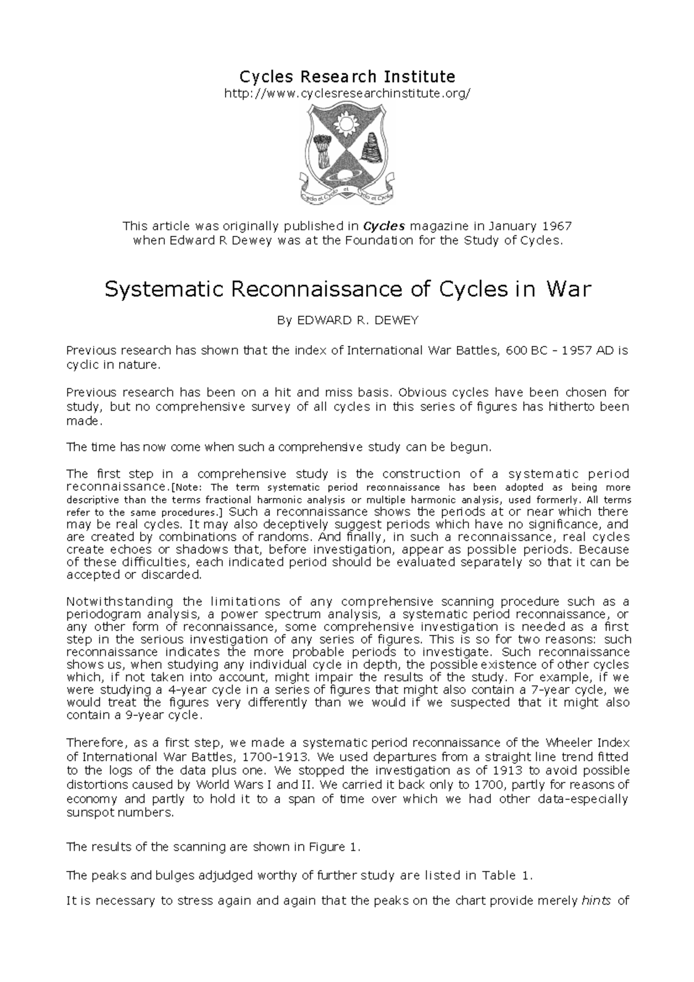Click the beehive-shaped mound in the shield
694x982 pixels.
pos(370,147)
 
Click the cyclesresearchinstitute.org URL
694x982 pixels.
pos(347,93)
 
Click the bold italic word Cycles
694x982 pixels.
pos(385,226)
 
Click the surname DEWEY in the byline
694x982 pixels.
pos(396,320)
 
